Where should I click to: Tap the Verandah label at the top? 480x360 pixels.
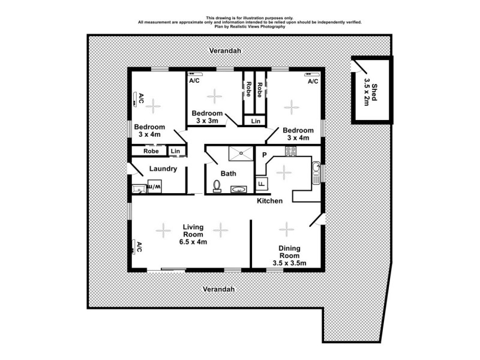click(225, 51)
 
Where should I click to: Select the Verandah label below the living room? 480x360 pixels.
click(217, 289)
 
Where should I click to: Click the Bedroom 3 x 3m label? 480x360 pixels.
click(207, 117)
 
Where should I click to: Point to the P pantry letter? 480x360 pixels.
click(263, 155)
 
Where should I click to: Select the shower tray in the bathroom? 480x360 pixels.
click(243, 154)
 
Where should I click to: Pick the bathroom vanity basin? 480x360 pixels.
click(238, 189)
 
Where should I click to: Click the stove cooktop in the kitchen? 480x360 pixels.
click(291, 152)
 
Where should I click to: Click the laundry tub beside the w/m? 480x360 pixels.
click(138, 188)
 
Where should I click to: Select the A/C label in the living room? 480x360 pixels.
click(138, 246)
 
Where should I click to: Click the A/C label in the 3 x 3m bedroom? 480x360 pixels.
click(194, 80)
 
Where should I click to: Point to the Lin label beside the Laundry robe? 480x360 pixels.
click(175, 151)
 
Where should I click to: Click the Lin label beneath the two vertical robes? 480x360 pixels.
click(256, 121)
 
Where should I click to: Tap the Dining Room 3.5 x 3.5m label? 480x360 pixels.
click(289, 256)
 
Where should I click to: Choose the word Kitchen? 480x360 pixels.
click(269, 201)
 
